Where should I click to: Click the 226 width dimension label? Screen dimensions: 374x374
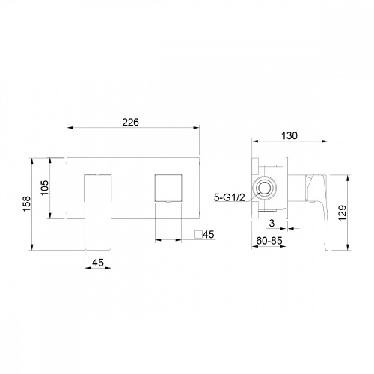pyautogui.click(x=130, y=122)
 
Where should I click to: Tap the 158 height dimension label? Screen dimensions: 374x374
pyautogui.click(x=27, y=203)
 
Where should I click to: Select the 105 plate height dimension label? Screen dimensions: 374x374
pyautogui.click(x=45, y=188)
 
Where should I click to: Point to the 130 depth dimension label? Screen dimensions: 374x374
pyautogui.click(x=289, y=135)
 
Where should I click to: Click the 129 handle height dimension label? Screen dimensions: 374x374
pyautogui.click(x=343, y=212)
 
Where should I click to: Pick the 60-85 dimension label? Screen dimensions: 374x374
pyautogui.click(x=269, y=241)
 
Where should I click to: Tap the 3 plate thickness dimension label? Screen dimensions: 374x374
pyautogui.click(x=272, y=223)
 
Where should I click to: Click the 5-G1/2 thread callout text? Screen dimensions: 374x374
pyautogui.click(x=230, y=197)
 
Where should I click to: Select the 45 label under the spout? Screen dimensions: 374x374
pyautogui.click(x=98, y=263)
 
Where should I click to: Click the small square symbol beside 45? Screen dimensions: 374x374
pyautogui.click(x=198, y=235)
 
